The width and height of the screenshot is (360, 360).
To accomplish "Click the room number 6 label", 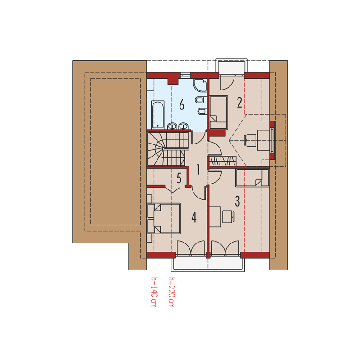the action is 182,105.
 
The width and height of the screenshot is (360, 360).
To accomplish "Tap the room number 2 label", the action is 239,103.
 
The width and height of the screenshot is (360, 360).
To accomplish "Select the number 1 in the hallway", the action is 198,170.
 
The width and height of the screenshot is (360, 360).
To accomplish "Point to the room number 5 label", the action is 179,178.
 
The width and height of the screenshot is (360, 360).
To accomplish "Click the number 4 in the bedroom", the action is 194,217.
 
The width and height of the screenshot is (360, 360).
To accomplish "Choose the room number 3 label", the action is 238,201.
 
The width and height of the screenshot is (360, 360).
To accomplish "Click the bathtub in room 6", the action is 158,115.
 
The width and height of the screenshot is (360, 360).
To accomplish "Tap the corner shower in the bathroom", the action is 200,85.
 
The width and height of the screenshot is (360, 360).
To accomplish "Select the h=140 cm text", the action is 154,292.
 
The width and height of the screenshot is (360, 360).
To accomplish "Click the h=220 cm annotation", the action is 171,292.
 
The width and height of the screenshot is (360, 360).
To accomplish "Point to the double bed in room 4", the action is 164,218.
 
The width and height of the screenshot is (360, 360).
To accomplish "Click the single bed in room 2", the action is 218,112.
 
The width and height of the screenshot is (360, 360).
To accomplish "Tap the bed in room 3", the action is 252,178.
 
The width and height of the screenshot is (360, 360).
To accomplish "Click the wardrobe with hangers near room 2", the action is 222,161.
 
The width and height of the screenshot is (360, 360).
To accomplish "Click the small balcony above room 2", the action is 231,67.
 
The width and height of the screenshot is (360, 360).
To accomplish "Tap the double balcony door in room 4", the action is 191,248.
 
